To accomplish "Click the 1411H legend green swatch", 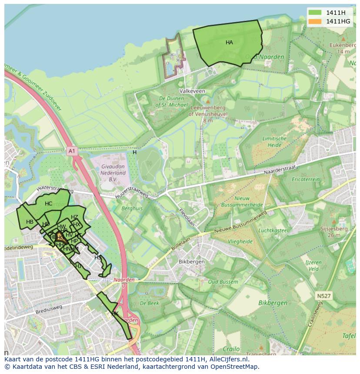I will [x=315, y=13].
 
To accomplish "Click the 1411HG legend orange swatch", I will [x=315, y=21].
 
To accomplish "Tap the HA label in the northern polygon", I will [x=229, y=43].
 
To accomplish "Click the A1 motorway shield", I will [x=72, y=151].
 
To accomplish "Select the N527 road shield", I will [x=323, y=296].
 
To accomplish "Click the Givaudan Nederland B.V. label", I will [x=113, y=172].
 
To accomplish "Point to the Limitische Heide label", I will [x=274, y=142].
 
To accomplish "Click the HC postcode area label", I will [x=48, y=204].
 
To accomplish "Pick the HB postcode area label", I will [x=30, y=222].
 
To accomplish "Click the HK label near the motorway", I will [x=115, y=313].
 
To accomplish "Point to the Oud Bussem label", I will [x=223, y=282].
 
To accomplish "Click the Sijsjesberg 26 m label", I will [x=333, y=232].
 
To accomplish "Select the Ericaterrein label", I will [x=306, y=179].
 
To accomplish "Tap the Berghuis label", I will [x=132, y=209].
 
